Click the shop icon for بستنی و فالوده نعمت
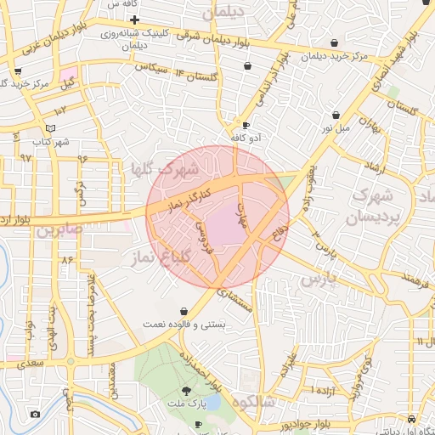tap(183, 312)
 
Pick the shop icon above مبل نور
tap(336, 115)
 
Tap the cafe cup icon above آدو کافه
tap(246, 124)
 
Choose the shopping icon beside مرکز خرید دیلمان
tap(333, 43)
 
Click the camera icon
tap(34, 414)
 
